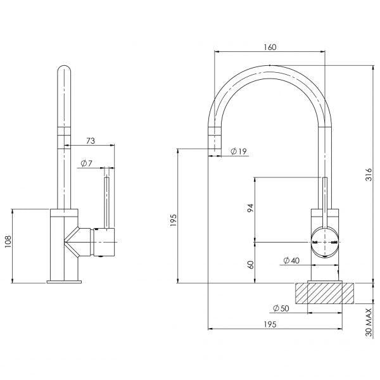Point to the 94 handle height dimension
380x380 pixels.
[250, 208]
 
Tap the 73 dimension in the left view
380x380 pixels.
[90, 140]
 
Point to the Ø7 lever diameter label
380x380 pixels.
[87, 164]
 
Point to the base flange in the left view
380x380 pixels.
[65, 281]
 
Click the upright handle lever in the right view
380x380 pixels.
[325, 203]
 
